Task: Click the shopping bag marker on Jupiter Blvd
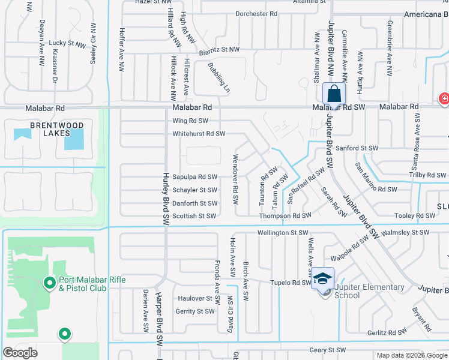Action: coord(334,95)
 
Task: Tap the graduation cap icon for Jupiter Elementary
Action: coord(322,278)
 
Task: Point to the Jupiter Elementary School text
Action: coord(360,291)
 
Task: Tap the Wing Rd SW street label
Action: coord(190,121)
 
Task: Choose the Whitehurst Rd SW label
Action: coord(199,134)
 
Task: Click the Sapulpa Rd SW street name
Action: coord(194,177)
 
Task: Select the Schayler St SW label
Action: coord(194,190)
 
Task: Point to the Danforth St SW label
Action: coord(194,203)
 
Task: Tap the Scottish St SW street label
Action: coord(194,216)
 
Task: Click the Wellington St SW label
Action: coord(282,233)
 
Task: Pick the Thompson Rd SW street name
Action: coord(285,216)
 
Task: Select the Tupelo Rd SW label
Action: coord(291,283)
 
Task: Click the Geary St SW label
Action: coord(328,350)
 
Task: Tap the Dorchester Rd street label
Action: coord(256,13)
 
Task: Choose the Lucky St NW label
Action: coord(68,43)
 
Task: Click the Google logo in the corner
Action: coord(20,353)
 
